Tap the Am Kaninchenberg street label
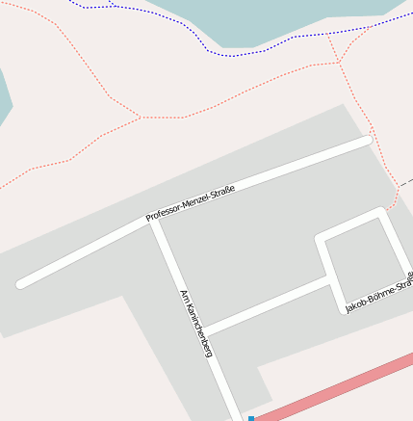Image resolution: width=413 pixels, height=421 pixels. [195, 324]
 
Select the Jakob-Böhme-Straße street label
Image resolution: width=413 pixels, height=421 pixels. [379, 291]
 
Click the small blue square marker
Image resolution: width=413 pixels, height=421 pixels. [251, 418]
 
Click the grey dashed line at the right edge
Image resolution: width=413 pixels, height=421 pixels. [406, 180]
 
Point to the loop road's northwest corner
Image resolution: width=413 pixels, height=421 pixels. [321, 237]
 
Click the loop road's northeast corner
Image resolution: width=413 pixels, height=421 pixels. [381, 213]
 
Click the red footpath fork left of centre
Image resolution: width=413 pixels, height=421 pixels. [142, 118]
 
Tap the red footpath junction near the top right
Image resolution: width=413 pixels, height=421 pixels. [339, 63]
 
